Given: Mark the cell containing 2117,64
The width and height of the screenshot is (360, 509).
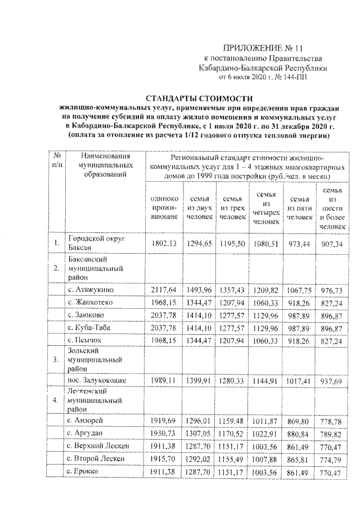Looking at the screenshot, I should [x=163, y=290].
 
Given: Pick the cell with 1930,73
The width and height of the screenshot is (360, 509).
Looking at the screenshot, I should [x=163, y=434].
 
